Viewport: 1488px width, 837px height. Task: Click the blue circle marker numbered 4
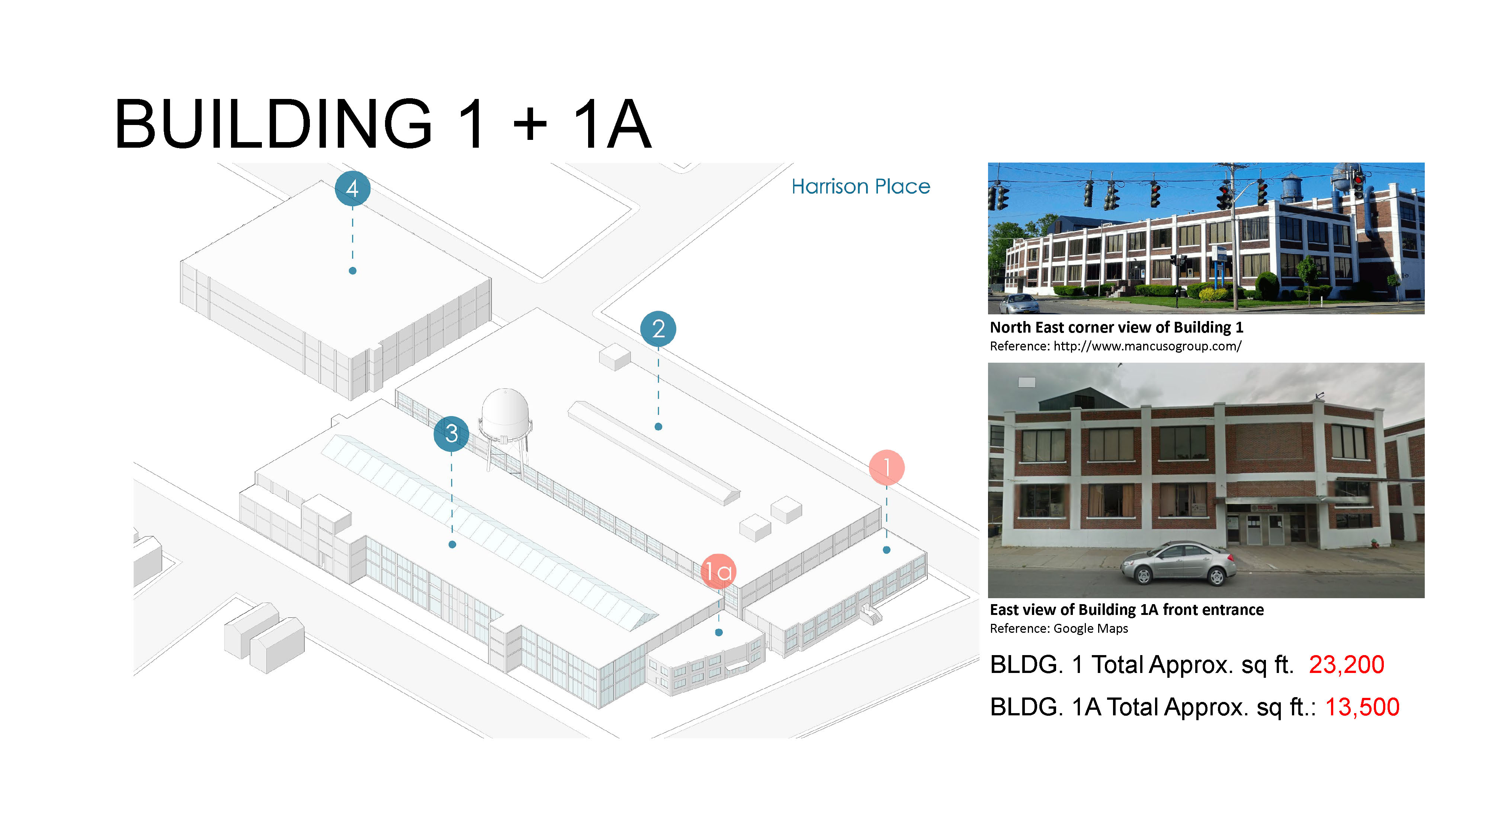pyautogui.click(x=352, y=188)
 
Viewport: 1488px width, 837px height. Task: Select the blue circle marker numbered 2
pyautogui.click(x=658, y=329)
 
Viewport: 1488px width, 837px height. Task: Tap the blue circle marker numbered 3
pyautogui.click(x=451, y=433)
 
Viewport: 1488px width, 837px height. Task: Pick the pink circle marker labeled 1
pyautogui.click(x=886, y=467)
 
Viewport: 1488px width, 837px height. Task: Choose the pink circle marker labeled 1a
pyautogui.click(x=718, y=571)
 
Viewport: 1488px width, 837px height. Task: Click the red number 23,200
pyautogui.click(x=1346, y=664)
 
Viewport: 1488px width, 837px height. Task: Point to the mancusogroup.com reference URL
pyautogui.click(x=1147, y=346)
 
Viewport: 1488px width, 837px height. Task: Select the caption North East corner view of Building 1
pyautogui.click(x=1116, y=327)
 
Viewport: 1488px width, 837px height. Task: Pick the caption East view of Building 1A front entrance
pyautogui.click(x=1126, y=609)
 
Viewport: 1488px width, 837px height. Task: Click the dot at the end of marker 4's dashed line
pyautogui.click(x=352, y=270)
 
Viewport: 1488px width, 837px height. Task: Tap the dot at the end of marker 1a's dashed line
pyautogui.click(x=719, y=632)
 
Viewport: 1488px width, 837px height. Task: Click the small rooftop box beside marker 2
pyautogui.click(x=614, y=356)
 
